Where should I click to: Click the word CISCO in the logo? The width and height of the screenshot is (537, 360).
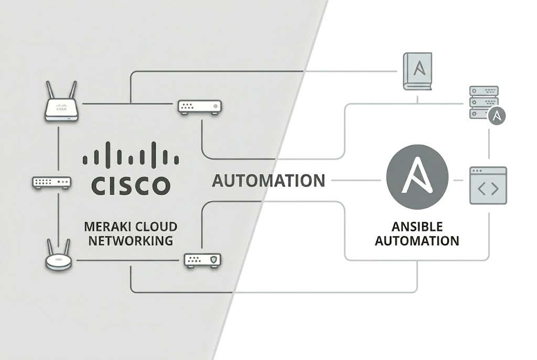click(x=131, y=186)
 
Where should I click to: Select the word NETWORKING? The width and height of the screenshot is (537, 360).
click(x=131, y=241)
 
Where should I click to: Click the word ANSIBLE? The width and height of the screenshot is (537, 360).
click(x=417, y=226)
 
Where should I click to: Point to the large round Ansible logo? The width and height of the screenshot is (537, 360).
click(x=417, y=177)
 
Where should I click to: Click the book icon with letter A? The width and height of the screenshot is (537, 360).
click(x=417, y=71)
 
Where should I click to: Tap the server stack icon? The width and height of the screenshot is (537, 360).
click(x=484, y=102)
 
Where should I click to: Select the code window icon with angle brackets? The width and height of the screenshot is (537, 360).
click(x=488, y=186)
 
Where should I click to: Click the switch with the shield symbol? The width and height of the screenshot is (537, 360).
click(x=203, y=260)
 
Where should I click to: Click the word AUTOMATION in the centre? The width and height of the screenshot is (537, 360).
click(x=268, y=181)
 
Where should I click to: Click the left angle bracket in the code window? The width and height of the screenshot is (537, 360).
click(x=481, y=189)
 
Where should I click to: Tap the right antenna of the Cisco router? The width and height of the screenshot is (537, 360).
click(x=72, y=90)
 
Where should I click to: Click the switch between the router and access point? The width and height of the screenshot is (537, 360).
click(x=52, y=182)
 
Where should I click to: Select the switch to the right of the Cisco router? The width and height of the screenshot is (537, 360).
click(x=200, y=107)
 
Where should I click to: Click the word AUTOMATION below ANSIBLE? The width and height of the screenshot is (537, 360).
click(x=417, y=241)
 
